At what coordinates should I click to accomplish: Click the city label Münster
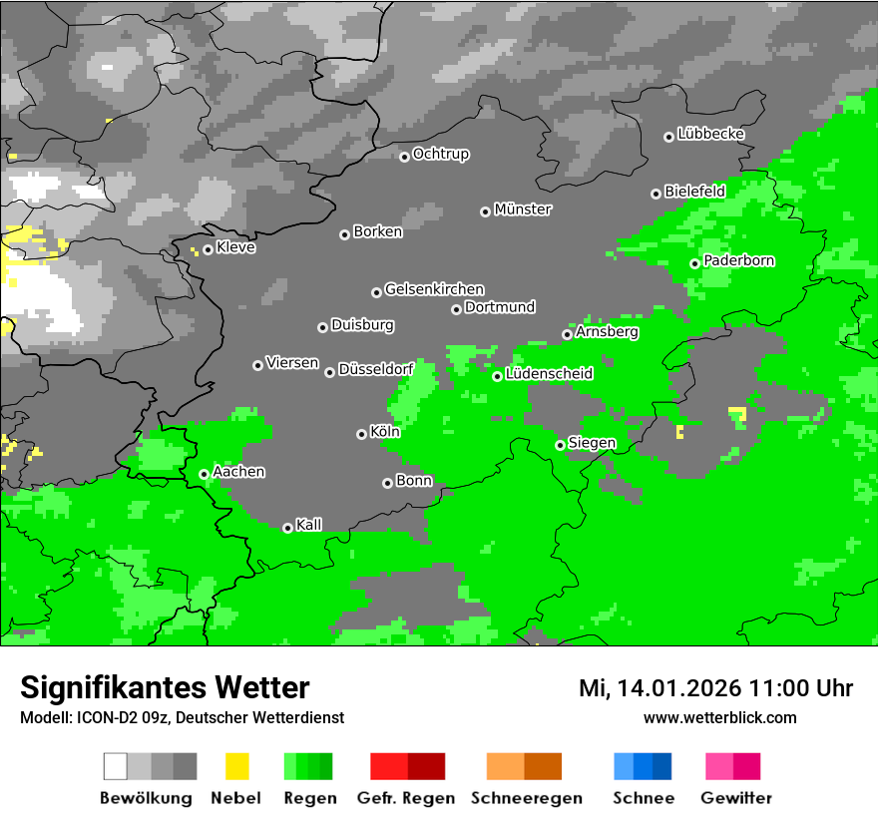[x=523, y=209]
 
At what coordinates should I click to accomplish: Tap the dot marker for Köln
[x=361, y=434]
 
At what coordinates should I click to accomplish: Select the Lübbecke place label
[x=710, y=134]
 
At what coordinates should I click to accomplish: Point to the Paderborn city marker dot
[x=694, y=263]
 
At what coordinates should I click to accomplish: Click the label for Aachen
[x=238, y=472]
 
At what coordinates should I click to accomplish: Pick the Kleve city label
[x=235, y=247]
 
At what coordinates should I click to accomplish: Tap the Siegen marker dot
[x=560, y=445]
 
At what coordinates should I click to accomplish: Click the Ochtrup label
[x=440, y=155]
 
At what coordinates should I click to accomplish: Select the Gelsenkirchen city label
[x=434, y=289]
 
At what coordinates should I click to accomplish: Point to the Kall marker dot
[x=287, y=528]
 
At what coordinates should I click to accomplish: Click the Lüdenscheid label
[x=549, y=374]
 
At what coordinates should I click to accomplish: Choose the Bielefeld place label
[x=694, y=191]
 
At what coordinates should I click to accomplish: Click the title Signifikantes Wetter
[x=165, y=687]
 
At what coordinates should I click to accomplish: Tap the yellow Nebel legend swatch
[x=236, y=766]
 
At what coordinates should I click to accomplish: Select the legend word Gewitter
[x=736, y=798]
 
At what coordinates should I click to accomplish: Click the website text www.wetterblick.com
[x=719, y=717]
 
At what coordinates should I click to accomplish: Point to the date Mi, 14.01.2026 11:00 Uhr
[x=715, y=688]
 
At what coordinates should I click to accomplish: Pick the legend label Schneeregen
[x=527, y=798]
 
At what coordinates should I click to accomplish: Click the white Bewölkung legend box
[x=116, y=766]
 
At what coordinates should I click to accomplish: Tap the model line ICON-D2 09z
[x=182, y=717]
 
